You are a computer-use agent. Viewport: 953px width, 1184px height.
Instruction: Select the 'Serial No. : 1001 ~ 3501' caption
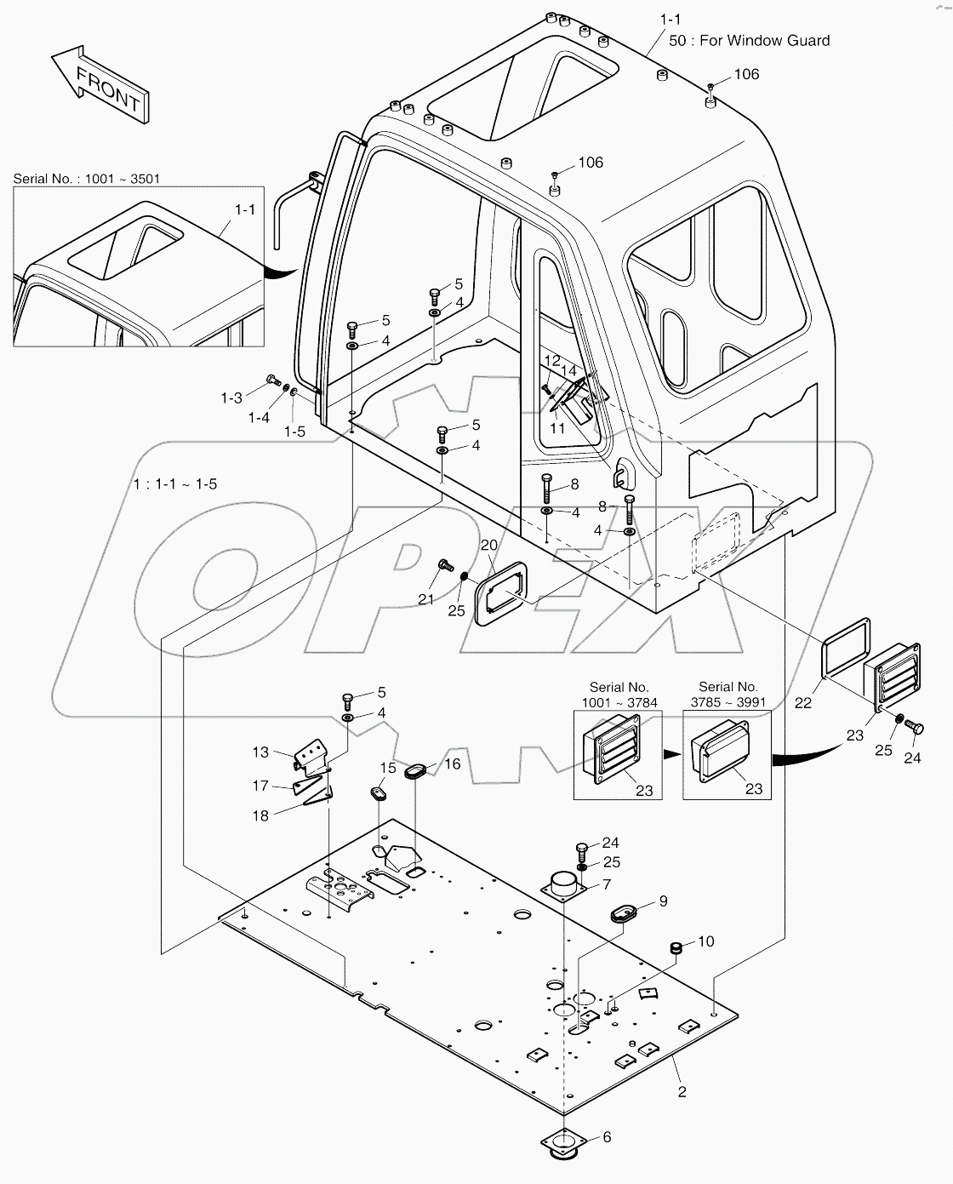[87, 179]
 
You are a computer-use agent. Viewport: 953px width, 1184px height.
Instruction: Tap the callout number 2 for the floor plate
[682, 1091]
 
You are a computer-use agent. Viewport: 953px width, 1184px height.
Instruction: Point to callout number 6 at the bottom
[606, 1137]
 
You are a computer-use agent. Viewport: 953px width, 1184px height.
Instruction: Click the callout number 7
[606, 884]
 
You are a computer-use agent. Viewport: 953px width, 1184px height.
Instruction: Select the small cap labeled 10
[678, 947]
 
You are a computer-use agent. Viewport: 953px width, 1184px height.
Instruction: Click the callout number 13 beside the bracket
[260, 752]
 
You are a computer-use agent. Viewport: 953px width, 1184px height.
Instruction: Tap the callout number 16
[452, 764]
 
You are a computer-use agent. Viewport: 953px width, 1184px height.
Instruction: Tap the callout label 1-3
[231, 398]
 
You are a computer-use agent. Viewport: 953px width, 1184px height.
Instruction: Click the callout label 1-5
[294, 432]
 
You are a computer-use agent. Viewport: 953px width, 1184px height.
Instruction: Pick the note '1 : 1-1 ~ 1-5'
[175, 483]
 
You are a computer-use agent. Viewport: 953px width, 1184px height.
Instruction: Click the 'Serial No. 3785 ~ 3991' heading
[728, 694]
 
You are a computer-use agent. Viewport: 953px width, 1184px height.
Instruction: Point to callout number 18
[260, 815]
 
